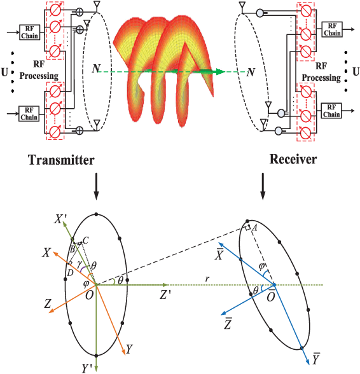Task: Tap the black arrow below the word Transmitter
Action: [x=95, y=185]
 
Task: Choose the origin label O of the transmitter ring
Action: [x=88, y=294]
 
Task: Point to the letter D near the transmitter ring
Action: [x=68, y=272]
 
